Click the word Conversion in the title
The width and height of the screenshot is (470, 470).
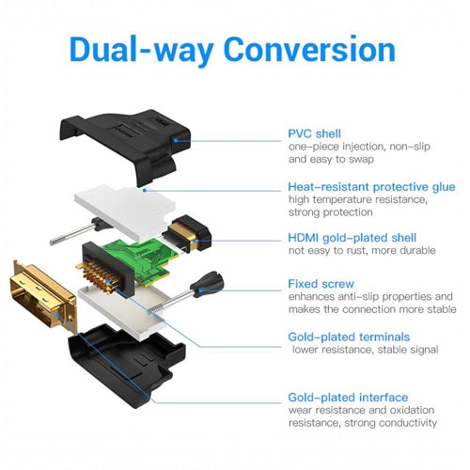click(x=309, y=50)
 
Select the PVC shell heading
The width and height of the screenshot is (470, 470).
click(x=314, y=133)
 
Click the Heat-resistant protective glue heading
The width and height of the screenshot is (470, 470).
click(x=371, y=187)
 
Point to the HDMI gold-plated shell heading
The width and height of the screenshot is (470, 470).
click(x=352, y=238)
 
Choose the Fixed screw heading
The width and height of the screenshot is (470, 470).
click(x=321, y=284)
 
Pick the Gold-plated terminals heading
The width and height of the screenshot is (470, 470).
click(x=349, y=337)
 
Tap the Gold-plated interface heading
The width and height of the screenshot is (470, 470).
click(x=348, y=398)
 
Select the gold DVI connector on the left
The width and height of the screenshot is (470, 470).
click(x=44, y=296)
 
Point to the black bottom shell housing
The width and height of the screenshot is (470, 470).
click(x=125, y=365)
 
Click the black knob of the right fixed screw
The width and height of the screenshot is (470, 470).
click(x=208, y=284)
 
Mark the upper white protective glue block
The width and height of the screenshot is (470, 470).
click(x=125, y=211)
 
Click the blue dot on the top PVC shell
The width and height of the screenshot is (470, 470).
click(x=176, y=140)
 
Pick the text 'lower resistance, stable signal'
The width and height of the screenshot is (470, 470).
click(x=366, y=350)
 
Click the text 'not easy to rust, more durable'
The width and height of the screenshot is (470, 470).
click(x=362, y=251)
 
